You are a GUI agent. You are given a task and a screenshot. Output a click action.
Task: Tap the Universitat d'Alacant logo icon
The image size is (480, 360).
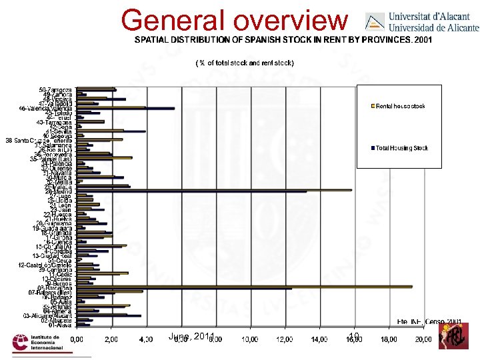pyautogui.click(x=375, y=21)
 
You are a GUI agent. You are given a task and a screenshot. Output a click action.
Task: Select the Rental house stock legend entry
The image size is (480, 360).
pyautogui.click(x=400, y=106)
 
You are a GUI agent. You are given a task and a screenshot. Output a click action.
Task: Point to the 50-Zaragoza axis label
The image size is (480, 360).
pyautogui.click(x=57, y=89)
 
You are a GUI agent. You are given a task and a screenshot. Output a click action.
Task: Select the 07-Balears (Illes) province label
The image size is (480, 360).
pyautogui.click(x=52, y=291)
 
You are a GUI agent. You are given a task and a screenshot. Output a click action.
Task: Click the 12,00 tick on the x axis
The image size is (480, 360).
pyautogui.click(x=285, y=339)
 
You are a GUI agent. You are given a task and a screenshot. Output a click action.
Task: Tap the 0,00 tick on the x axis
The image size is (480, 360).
pyautogui.click(x=78, y=339)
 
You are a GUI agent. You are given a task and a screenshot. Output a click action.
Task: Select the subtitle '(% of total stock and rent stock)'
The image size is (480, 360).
pyautogui.click(x=244, y=63)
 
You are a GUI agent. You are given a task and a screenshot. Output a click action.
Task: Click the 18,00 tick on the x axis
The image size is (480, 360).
pyautogui.click(x=389, y=339)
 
